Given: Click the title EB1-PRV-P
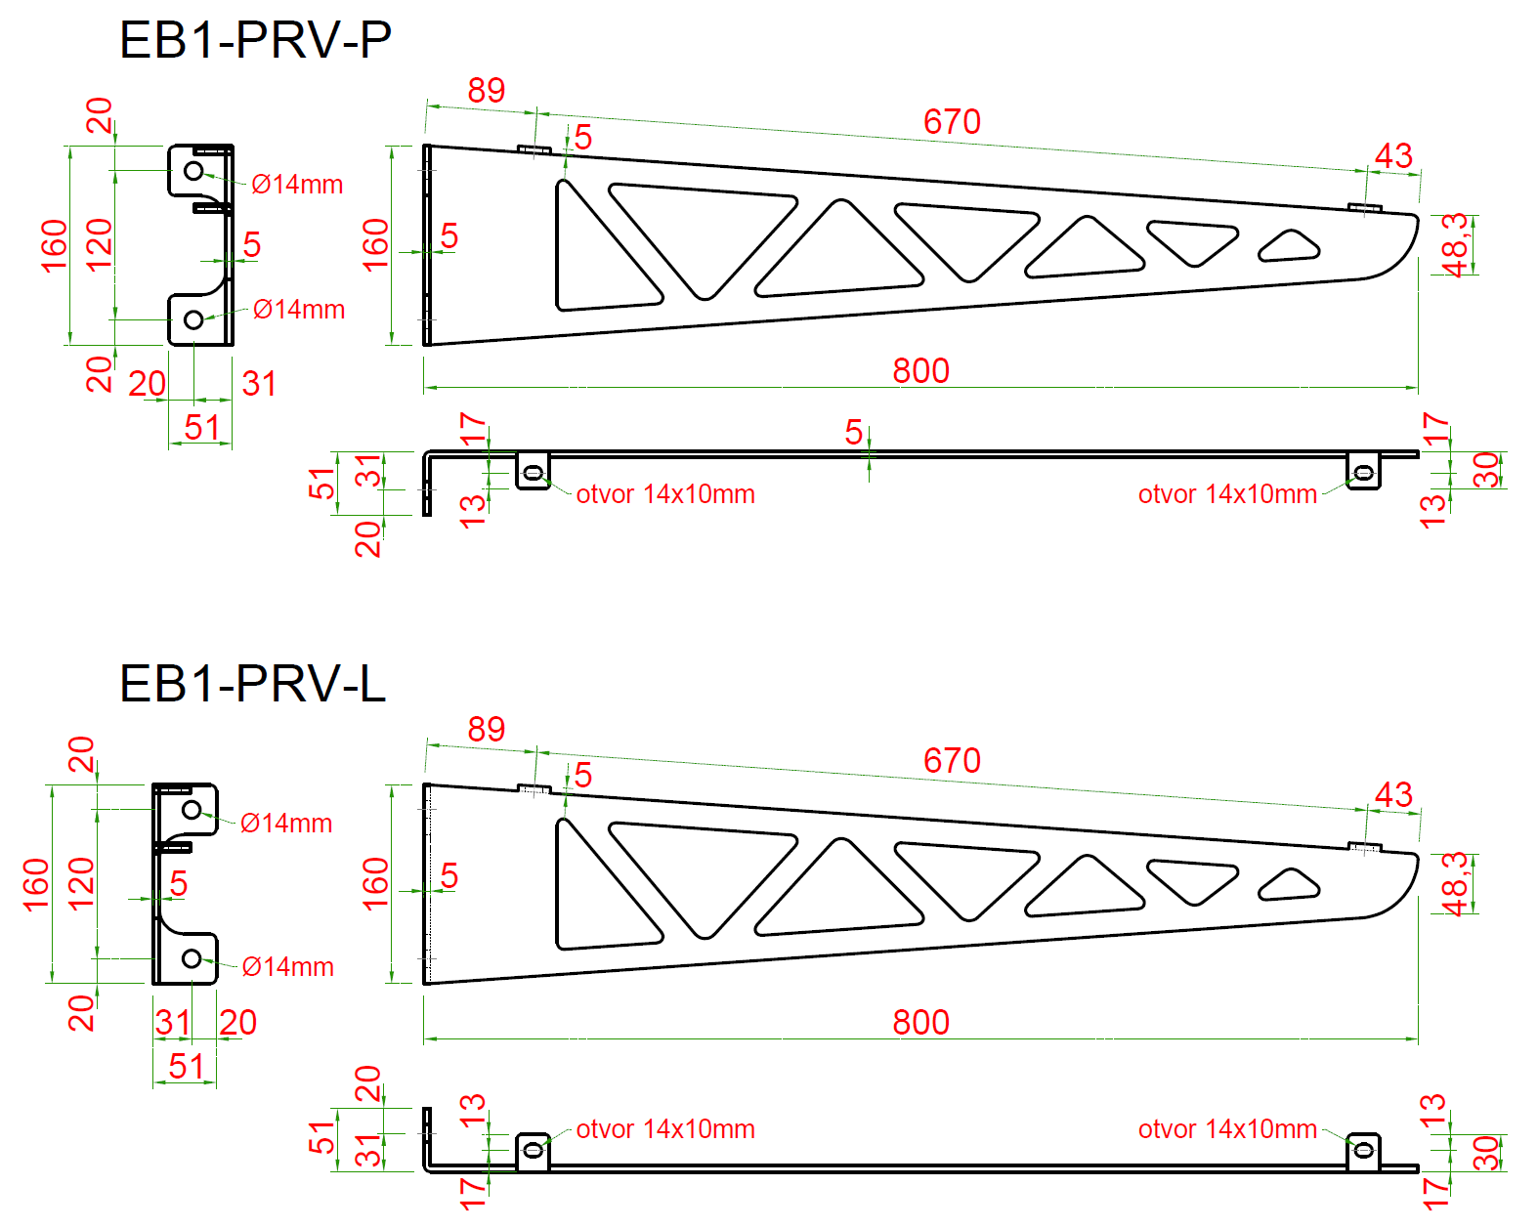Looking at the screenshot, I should click(255, 40).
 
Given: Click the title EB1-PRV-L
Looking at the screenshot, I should click(252, 683).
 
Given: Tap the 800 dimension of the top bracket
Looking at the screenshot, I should click(920, 371).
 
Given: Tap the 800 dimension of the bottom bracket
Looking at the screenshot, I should click(920, 1023).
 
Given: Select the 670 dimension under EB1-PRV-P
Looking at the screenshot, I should click(952, 122).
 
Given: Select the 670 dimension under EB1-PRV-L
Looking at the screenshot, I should click(952, 761).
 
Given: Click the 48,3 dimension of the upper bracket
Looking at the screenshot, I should click(1455, 244).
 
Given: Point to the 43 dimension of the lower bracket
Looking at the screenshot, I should click(1393, 794).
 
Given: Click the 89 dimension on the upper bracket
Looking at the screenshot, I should click(486, 91).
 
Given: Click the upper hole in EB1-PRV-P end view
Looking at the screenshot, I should click(193, 171).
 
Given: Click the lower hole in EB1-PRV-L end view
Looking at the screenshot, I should click(192, 958).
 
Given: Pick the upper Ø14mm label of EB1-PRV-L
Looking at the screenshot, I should click(286, 824).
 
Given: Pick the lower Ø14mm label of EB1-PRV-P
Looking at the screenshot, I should click(298, 310).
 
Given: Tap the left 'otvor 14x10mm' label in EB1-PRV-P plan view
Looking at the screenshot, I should click(664, 494).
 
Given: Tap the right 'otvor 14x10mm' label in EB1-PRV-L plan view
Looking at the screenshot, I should click(1226, 1129).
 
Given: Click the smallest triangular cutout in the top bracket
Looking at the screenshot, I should click(1289, 247).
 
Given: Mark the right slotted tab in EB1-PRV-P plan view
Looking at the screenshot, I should click(1363, 472).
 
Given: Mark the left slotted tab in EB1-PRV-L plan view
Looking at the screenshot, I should click(533, 1150).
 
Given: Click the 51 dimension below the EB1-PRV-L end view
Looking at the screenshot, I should click(186, 1066).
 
